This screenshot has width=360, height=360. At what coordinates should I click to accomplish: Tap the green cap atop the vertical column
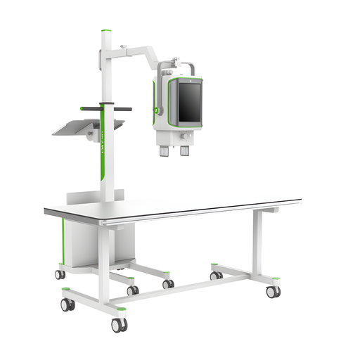(x=105, y=31)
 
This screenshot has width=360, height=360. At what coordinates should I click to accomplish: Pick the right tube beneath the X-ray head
(x=185, y=150)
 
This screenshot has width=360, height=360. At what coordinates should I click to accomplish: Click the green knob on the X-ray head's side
(x=157, y=110)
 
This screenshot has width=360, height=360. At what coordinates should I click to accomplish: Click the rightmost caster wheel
(x=272, y=291)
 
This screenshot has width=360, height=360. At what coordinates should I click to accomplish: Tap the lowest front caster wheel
(x=118, y=325)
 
